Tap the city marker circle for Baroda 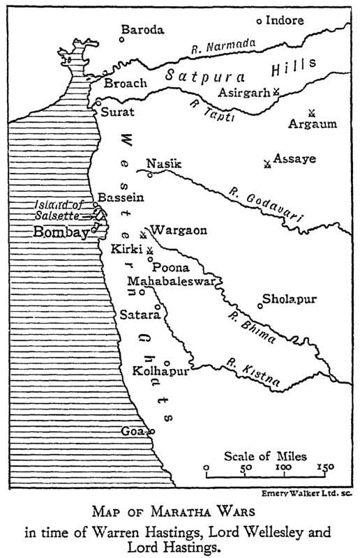[x=121, y=39]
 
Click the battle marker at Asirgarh [x=276, y=91]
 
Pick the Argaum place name [x=312, y=124]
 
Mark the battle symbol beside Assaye [x=267, y=164]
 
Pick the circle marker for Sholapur [x=260, y=304]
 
